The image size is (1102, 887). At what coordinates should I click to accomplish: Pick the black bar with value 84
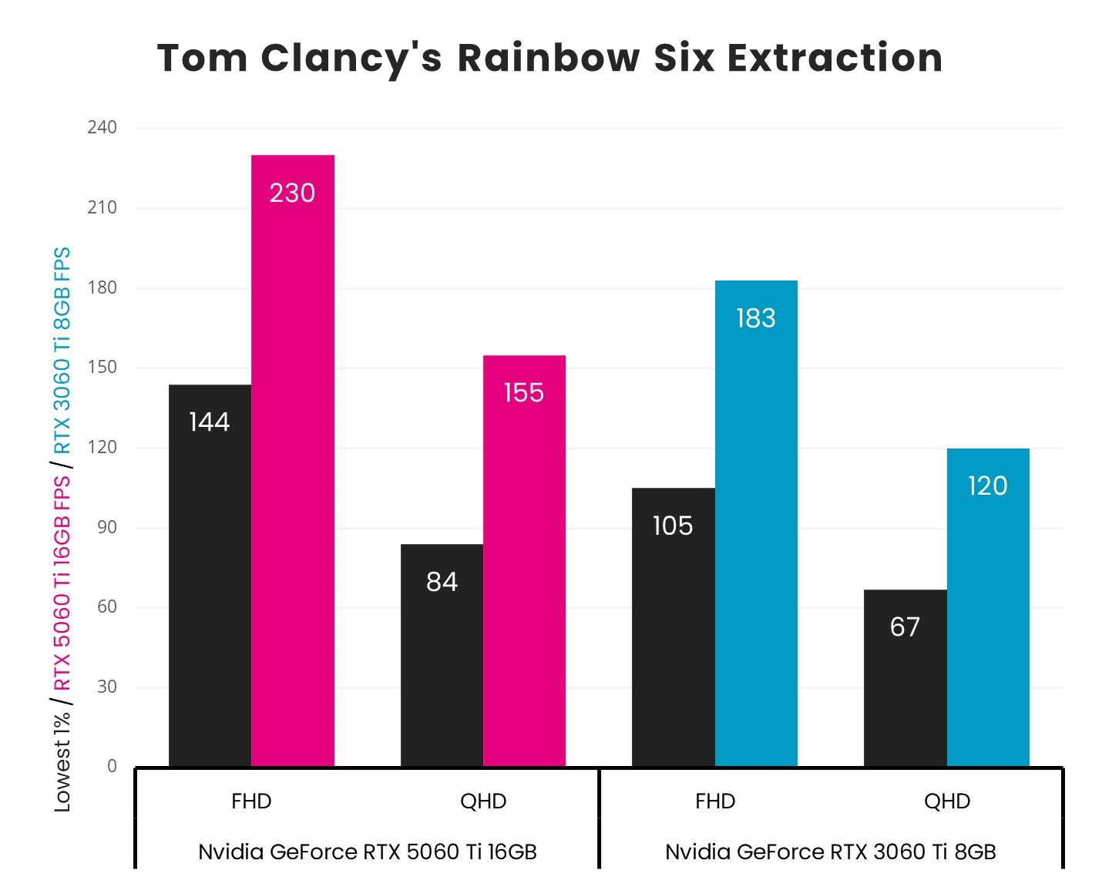[442, 655]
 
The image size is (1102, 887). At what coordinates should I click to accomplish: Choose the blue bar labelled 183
[756, 523]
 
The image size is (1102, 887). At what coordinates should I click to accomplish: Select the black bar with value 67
[905, 677]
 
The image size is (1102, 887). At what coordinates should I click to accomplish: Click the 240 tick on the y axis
[102, 127]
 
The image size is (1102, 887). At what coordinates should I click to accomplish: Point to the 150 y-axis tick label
[102, 367]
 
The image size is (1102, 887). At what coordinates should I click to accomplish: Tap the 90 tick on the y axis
[107, 527]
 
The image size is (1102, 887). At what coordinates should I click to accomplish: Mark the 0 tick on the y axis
[112, 766]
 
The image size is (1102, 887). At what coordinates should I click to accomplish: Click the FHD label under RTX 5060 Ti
[251, 801]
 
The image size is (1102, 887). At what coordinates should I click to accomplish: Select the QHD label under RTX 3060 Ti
[946, 801]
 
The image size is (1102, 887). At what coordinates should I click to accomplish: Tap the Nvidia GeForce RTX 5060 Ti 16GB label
[367, 852]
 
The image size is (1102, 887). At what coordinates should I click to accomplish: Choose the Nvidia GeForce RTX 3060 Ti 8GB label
[830, 852]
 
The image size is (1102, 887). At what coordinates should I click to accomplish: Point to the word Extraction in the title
[835, 58]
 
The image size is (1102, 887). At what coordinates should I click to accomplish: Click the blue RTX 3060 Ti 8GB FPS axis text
[62, 351]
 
